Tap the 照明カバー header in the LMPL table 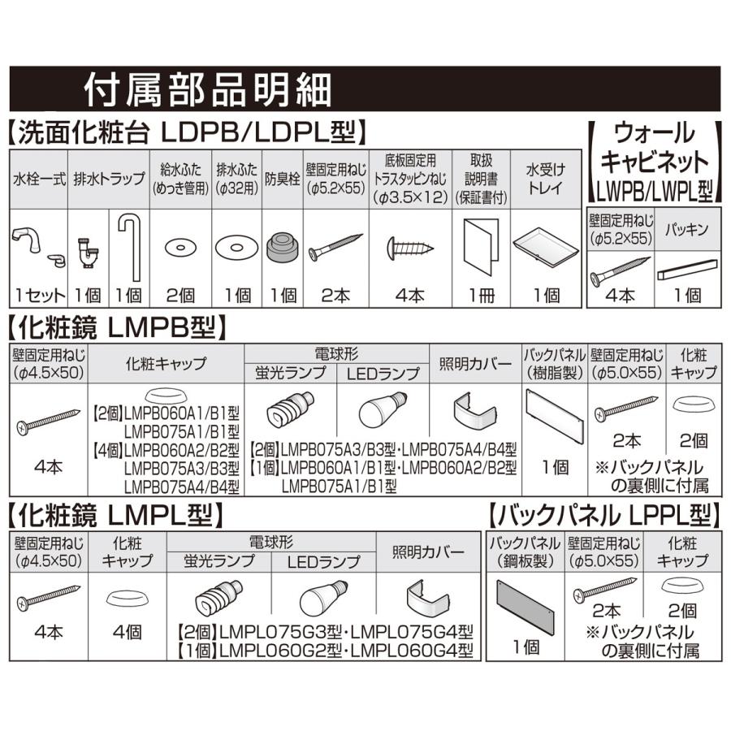[x=429, y=551]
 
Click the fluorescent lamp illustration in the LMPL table [x=218, y=599]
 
